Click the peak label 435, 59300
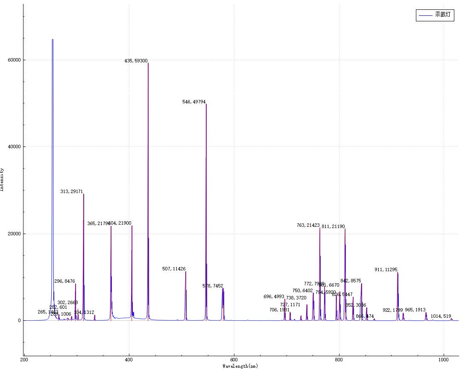click(136, 61)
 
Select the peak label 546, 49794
click(194, 102)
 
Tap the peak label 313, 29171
click(71, 192)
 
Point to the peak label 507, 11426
click(174, 269)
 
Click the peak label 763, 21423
click(308, 225)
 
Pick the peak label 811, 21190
click(333, 226)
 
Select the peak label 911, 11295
click(386, 270)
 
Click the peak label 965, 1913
click(415, 310)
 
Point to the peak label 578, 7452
click(213, 286)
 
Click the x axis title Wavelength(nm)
click(240, 366)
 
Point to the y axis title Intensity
click(3, 179)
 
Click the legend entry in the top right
click(434, 15)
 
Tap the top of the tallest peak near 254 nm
click(53, 40)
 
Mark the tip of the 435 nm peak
click(148, 63)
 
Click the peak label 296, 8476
click(64, 281)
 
